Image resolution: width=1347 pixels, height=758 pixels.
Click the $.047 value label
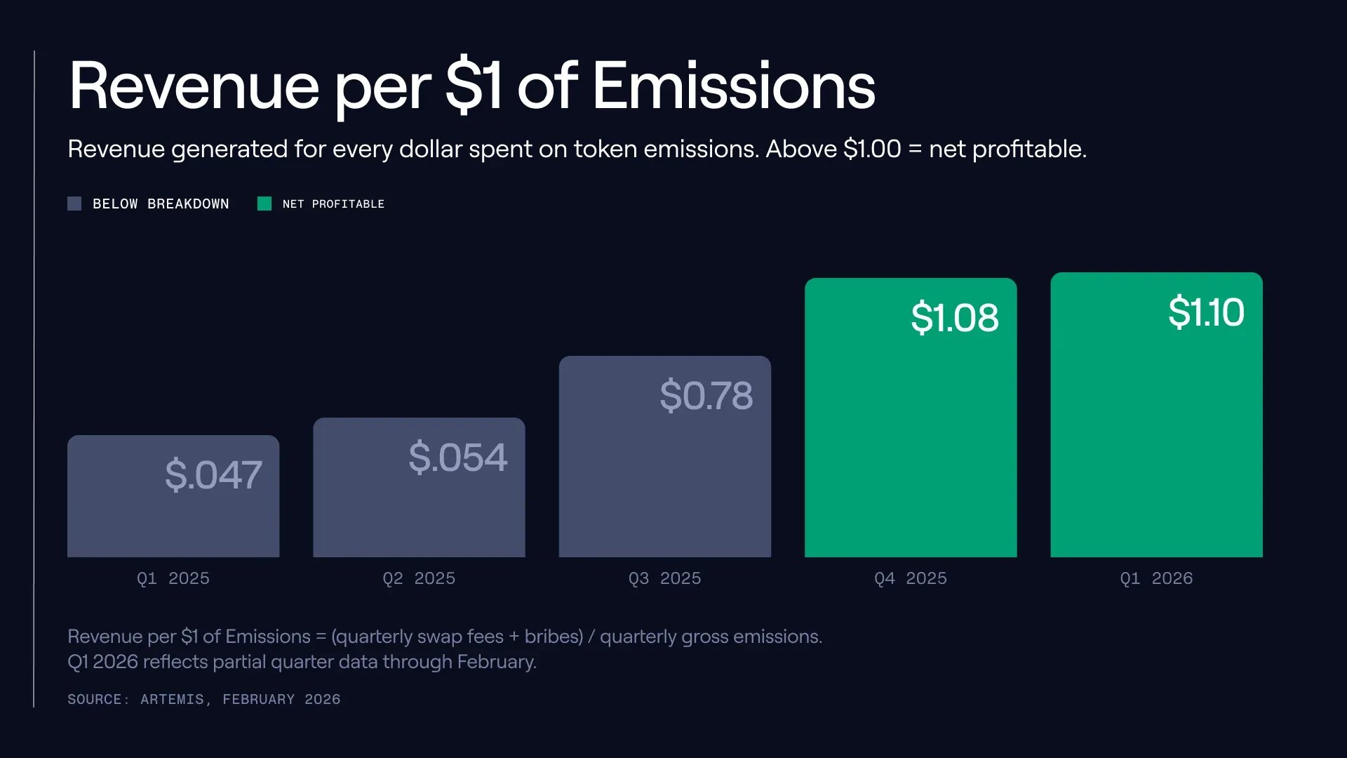pyautogui.click(x=213, y=475)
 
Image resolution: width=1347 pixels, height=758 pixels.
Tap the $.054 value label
pyautogui.click(x=457, y=458)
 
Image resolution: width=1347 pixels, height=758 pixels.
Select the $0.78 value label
pyautogui.click(x=706, y=395)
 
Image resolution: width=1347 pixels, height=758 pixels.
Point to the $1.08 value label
pyautogui.click(x=954, y=317)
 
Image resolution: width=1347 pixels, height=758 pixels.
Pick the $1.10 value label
pyautogui.click(x=1206, y=312)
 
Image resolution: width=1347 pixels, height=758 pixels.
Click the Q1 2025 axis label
pyautogui.click(x=173, y=578)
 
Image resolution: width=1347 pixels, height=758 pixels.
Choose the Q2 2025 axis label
pyautogui.click(x=419, y=578)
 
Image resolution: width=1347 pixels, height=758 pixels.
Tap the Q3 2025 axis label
pyautogui.click(x=664, y=578)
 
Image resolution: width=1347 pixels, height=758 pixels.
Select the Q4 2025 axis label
pyautogui.click(x=911, y=578)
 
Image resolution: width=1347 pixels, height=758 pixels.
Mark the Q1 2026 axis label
pyautogui.click(x=1156, y=578)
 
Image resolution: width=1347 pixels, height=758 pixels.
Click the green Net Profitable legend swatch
pyautogui.click(x=264, y=204)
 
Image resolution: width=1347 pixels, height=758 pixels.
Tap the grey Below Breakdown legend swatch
pyautogui.click(x=74, y=204)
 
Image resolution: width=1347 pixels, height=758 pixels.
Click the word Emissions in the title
pyautogui.click(x=734, y=86)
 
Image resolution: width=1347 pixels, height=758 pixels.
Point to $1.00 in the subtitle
pyautogui.click(x=872, y=149)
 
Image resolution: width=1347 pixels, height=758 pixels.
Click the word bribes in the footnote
pyautogui.click(x=553, y=637)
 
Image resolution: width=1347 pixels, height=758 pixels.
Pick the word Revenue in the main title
pyautogui.click(x=194, y=86)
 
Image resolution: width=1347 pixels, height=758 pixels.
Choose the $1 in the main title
pyautogui.click(x=474, y=86)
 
